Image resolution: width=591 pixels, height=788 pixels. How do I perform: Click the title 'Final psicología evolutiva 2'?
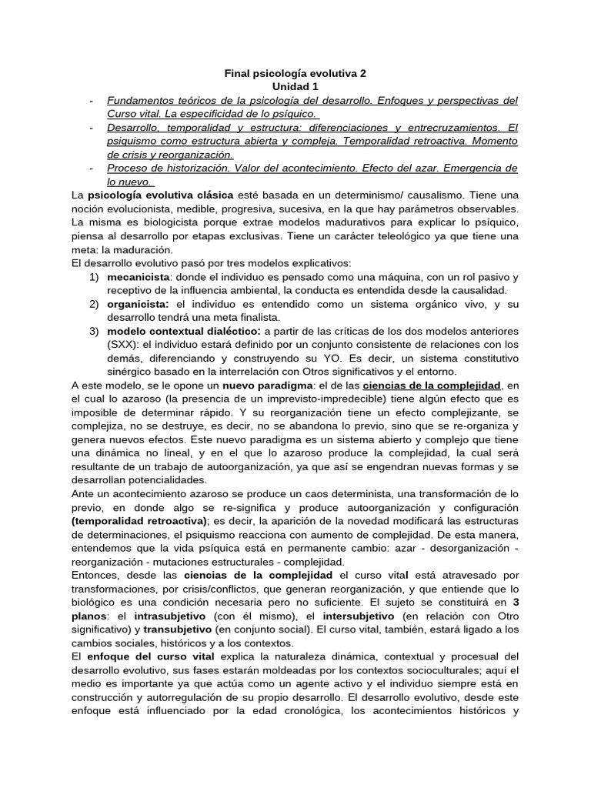pyautogui.click(x=295, y=73)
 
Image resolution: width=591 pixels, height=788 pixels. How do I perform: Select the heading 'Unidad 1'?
pyautogui.click(x=295, y=87)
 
